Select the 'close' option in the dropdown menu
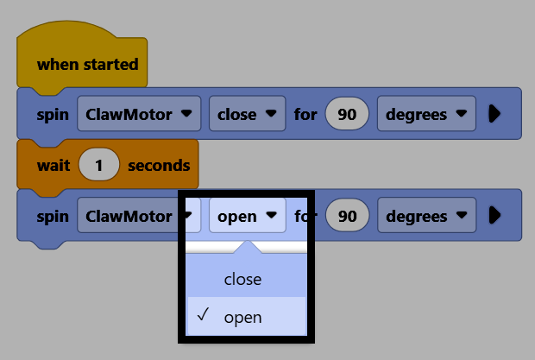click(x=242, y=280)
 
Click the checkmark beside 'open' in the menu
click(x=203, y=314)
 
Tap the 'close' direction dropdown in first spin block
click(x=247, y=114)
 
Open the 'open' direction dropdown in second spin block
click(x=247, y=215)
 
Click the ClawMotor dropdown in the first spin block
click(x=139, y=114)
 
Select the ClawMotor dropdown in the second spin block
click(x=139, y=215)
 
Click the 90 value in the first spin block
click(x=347, y=114)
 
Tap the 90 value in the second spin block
click(x=348, y=215)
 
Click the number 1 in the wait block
click(x=99, y=165)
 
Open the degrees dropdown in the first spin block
click(x=426, y=114)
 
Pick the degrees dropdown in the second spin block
click(x=426, y=215)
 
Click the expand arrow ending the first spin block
click(x=494, y=114)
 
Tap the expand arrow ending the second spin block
click(x=494, y=215)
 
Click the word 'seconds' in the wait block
click(x=159, y=166)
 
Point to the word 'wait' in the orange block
click(x=53, y=166)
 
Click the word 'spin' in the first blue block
click(x=53, y=115)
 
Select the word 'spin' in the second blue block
click(x=53, y=217)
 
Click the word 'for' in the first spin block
click(x=305, y=114)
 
